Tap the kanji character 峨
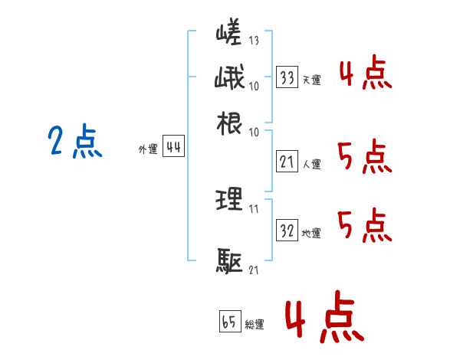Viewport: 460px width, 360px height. point(229,79)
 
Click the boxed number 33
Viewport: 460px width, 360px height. point(287,77)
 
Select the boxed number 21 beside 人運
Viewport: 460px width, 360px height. point(287,162)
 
